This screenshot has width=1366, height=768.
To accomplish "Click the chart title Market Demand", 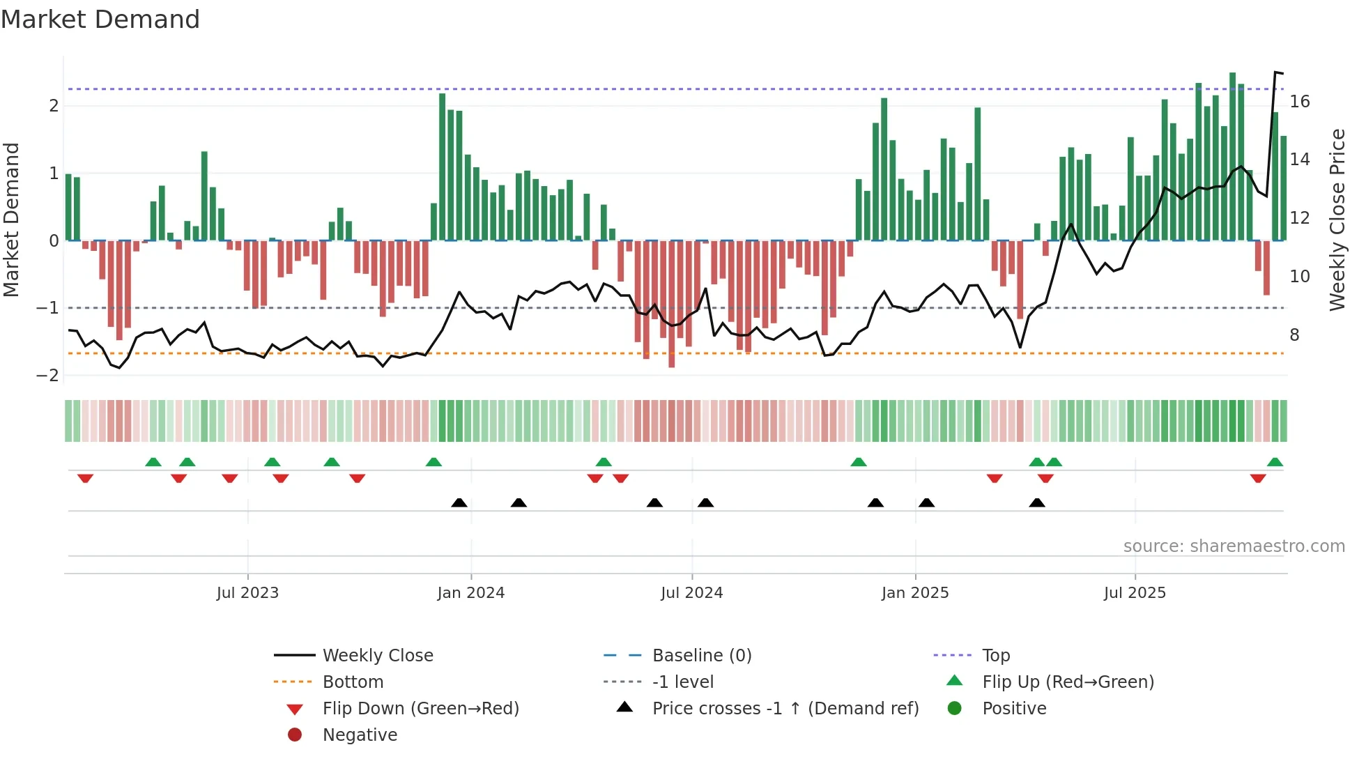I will [x=100, y=20].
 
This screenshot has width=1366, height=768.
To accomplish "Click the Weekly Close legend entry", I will [x=377, y=656].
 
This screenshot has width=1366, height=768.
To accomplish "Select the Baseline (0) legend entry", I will [x=701, y=656].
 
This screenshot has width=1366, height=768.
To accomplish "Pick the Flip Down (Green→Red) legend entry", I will [x=420, y=709].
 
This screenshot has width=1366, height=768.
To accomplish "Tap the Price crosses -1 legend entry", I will [x=785, y=709].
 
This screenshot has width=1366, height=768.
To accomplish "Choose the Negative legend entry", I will [x=360, y=735].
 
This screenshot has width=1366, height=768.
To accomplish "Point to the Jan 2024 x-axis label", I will [x=470, y=593].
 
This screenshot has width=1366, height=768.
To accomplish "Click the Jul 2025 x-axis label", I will [x=1135, y=593].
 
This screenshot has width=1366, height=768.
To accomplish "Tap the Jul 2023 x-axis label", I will [x=247, y=593].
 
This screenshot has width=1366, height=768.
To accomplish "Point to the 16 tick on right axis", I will [x=1300, y=102].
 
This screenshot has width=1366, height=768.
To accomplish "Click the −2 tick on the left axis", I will [x=48, y=376].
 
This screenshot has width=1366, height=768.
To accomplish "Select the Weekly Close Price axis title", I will [x=1337, y=220].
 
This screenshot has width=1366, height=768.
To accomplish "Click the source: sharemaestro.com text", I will [x=1234, y=546].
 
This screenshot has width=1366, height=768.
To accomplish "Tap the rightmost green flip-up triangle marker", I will [x=1275, y=462].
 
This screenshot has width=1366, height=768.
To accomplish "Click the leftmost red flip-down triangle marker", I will [x=85, y=478].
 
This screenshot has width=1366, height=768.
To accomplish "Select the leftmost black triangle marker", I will [x=459, y=502].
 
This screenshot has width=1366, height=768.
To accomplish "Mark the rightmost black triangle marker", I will [x=1037, y=502].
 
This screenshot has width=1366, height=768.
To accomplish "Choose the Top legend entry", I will [x=995, y=656].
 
